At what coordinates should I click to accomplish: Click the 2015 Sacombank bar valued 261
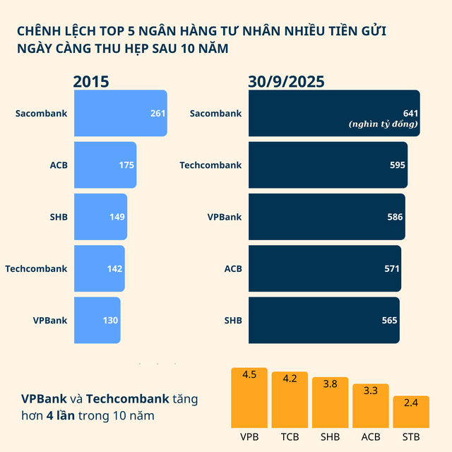click(x=120, y=113)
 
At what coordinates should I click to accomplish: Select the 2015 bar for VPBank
click(x=97, y=320)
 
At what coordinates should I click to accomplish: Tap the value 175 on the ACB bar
click(x=126, y=165)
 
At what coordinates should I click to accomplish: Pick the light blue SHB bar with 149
click(x=100, y=217)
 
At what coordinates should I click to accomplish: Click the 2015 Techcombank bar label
click(x=36, y=268)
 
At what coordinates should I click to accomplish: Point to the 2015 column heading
click(x=91, y=81)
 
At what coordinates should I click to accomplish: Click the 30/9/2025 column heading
click(x=286, y=81)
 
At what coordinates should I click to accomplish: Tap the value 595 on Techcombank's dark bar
click(x=397, y=165)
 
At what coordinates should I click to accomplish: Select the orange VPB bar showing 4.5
click(x=249, y=398)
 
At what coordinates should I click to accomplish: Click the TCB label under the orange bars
click(x=290, y=436)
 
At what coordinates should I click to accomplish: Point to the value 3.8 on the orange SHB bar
click(x=330, y=385)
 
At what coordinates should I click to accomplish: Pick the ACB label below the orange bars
click(x=371, y=436)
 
